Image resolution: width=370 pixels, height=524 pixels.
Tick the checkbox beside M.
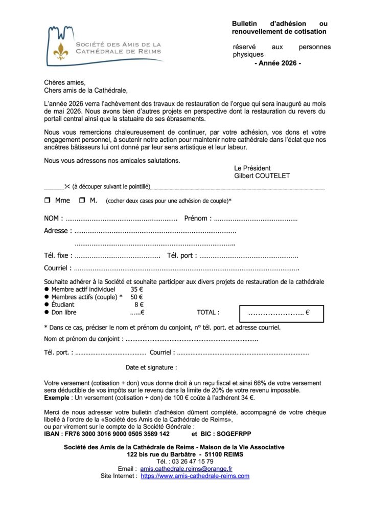tap(82, 201)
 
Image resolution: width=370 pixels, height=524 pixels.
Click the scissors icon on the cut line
tap(67, 187)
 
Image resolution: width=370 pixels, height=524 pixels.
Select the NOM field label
tap(53, 219)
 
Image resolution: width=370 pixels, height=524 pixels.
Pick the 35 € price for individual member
tap(136, 289)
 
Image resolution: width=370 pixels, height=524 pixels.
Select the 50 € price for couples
tap(136, 297)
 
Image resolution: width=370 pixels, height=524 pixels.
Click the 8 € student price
tap(138, 304)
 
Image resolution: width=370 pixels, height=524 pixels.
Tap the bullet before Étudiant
tap(47, 304)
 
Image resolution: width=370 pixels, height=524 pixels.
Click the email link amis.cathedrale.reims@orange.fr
tap(186, 468)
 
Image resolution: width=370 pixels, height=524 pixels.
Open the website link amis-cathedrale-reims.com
tap(195, 476)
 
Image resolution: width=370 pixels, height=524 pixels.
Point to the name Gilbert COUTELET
tap(262, 176)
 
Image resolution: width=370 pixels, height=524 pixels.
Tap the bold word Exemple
tap(57, 398)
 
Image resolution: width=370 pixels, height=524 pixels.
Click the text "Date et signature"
tap(151, 367)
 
